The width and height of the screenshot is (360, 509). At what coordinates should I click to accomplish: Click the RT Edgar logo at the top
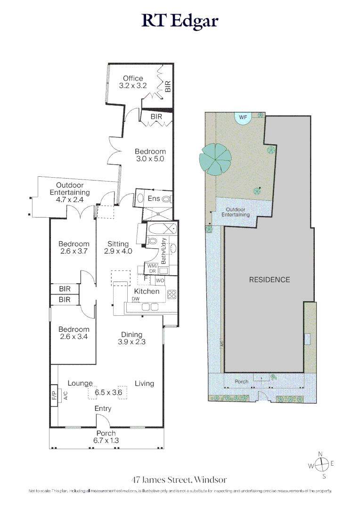point(180,21)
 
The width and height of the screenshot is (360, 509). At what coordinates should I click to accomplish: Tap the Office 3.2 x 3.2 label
point(133,82)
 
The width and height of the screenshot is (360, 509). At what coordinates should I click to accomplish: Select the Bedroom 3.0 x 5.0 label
point(150,155)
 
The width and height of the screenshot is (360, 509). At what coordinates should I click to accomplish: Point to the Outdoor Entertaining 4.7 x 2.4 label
point(70,192)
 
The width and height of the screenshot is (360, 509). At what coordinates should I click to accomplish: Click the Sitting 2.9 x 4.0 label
point(118,247)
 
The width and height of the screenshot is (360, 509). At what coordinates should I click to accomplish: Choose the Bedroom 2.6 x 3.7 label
point(74,247)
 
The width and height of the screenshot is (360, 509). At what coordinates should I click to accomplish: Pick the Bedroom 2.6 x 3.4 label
point(74,333)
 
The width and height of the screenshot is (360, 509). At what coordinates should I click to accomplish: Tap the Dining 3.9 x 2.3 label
point(131,338)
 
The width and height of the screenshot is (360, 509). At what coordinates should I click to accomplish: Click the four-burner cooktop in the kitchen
point(172,295)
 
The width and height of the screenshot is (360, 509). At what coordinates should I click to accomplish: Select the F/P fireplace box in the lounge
point(54,395)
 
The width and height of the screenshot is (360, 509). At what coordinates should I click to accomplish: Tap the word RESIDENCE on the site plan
point(270,280)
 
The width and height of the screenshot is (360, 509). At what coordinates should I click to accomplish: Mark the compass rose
point(321,465)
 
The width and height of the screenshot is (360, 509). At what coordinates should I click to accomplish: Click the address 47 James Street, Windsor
point(179,480)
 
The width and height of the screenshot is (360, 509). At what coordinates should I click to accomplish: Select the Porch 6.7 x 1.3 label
point(106,437)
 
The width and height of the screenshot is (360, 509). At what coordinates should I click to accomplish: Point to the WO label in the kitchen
point(160,280)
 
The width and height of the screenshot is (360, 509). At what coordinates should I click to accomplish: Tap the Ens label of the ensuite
point(154,198)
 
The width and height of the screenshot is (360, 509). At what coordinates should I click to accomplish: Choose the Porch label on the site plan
point(242,381)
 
